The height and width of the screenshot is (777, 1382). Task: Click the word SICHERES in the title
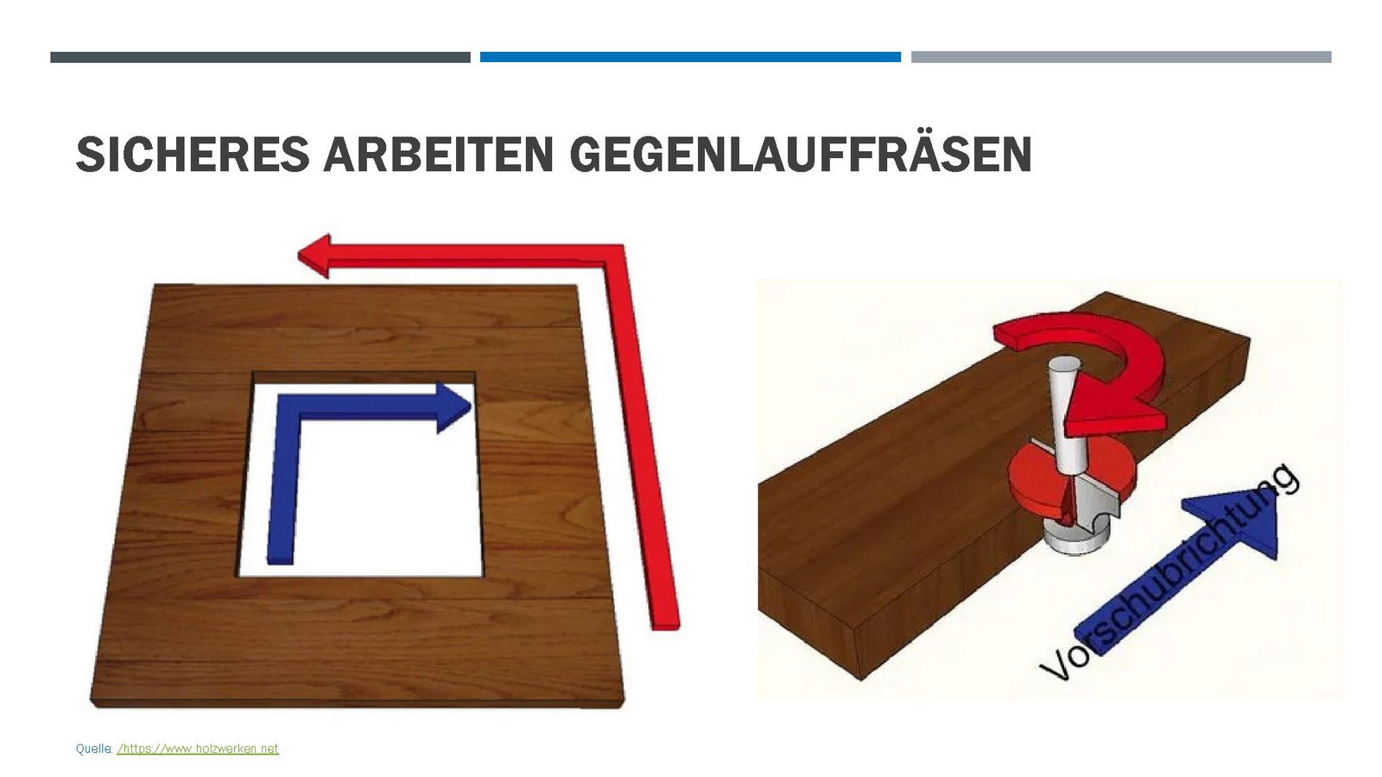pos(193,155)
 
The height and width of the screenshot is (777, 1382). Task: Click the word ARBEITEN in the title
pos(438,155)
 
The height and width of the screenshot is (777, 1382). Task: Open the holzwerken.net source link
pos(198,749)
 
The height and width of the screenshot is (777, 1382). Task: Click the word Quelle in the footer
pos(93,749)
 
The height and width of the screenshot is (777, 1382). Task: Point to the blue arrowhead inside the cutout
pos(454,407)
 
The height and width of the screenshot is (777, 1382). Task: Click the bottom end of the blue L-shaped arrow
pos(280,560)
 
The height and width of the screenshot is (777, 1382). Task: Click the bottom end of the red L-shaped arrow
pos(666,625)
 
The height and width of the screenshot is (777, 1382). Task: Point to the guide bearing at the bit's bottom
pos(1075,539)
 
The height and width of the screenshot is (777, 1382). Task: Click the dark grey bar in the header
pos(260,57)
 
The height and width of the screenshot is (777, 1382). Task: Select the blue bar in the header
pos(690,57)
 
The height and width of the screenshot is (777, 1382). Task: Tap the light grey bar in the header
pos(1121,57)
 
